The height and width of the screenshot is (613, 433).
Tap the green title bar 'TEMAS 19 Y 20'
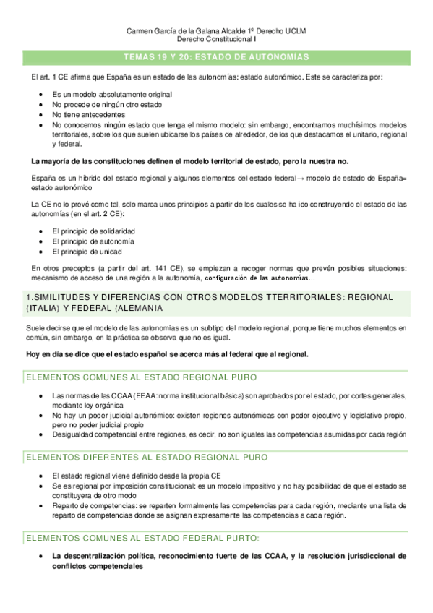tap(216, 56)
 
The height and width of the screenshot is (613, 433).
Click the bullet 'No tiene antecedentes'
tap(88, 114)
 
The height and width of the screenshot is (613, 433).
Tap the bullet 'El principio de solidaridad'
tap(93, 231)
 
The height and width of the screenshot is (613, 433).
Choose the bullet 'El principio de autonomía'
tap(93, 241)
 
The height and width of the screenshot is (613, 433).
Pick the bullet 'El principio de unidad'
tap(87, 251)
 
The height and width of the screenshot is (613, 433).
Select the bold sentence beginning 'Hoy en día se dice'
tap(167, 354)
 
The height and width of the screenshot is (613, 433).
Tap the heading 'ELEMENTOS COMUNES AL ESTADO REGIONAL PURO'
tap(141, 377)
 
